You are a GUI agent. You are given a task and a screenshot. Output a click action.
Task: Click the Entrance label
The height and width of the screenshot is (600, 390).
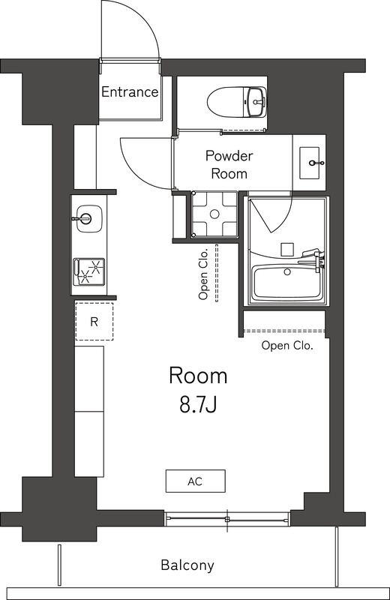[130, 92]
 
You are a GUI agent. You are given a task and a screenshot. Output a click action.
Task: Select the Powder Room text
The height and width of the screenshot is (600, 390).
[229, 164]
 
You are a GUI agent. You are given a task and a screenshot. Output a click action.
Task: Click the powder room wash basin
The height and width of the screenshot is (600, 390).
[312, 162]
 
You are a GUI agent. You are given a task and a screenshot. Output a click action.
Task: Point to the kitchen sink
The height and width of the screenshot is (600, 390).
[87, 219]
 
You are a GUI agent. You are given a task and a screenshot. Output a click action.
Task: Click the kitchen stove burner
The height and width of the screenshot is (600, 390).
[88, 271]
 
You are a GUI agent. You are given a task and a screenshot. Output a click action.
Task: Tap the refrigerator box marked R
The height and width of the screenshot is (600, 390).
[94, 322]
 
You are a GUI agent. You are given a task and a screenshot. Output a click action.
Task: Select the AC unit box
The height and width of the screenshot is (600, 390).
[195, 481]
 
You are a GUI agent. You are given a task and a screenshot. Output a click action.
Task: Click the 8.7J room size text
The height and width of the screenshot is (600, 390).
[198, 406]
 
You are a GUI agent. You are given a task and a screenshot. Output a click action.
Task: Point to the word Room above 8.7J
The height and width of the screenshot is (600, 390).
[198, 375]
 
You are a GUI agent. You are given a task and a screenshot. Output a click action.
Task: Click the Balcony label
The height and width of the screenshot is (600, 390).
[187, 565]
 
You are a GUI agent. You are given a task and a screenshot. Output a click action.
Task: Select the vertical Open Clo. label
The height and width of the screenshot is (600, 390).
[203, 275]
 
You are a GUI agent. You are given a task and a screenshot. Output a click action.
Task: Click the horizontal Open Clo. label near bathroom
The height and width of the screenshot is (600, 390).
[286, 346]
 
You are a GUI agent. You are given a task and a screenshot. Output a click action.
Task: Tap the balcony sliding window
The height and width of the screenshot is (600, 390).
[227, 518]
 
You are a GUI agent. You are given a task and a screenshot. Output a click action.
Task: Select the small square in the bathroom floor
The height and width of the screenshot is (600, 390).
[286, 248]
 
